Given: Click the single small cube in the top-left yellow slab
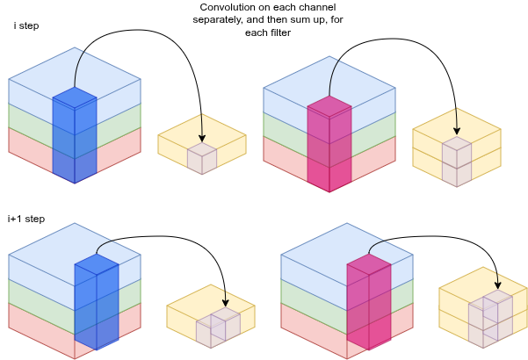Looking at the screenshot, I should tap(202, 159).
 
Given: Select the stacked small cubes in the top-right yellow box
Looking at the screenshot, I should tap(457, 161).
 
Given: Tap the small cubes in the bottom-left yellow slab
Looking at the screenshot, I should tap(218, 327).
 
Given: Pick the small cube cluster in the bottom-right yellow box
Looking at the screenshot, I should tap(489, 315).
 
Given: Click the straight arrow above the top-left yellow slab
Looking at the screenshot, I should tap(202, 127).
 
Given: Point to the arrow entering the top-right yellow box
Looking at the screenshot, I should tap(456, 121).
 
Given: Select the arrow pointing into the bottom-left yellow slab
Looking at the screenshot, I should tap(225, 298).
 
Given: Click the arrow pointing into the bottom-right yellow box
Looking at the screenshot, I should tap(496, 279).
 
